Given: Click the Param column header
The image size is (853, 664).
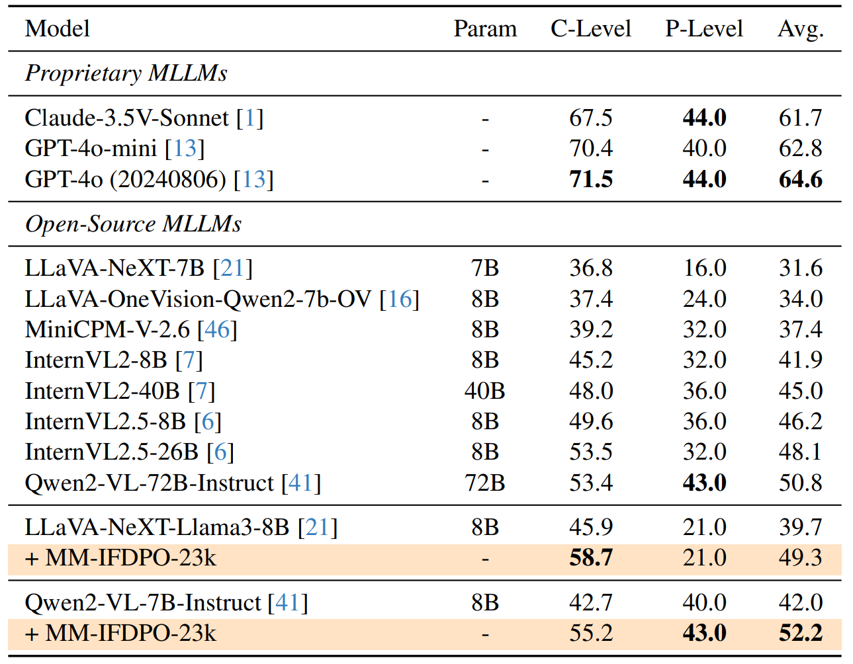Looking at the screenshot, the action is pos(485,28).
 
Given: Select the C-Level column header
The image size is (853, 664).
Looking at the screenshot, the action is pos(591,28).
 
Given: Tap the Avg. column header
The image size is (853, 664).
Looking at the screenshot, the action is pos(801,29).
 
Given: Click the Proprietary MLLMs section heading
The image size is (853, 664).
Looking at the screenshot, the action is pos(126,73).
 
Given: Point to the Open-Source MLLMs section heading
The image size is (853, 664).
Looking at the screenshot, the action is pos(133,224).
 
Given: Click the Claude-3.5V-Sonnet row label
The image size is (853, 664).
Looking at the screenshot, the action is pos(126,118).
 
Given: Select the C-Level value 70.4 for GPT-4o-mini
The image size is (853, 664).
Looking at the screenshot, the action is pos(591,148).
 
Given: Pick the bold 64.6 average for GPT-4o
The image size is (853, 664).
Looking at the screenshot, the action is pos(801,179).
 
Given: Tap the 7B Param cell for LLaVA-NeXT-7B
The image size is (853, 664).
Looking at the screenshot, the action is pos(485,269).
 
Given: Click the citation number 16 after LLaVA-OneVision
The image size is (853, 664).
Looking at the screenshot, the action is pos(400,299).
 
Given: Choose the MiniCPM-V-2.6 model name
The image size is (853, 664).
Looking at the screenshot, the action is pos(107,329).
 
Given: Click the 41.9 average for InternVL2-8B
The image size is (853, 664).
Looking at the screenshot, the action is pos(801,360).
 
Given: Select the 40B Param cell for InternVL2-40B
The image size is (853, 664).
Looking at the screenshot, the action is pos(485,391).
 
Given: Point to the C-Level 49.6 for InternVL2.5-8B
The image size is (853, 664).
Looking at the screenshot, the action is pos(591,421).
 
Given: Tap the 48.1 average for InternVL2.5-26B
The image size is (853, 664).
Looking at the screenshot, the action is pos(801,452).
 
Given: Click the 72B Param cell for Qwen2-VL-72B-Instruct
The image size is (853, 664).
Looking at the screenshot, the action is pos(485,482).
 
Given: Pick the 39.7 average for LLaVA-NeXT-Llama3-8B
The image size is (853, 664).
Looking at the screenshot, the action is pos(801,526).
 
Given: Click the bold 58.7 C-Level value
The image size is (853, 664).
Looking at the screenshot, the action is pos(591,558).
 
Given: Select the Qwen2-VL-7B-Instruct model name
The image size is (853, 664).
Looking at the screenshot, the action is pos(143,602).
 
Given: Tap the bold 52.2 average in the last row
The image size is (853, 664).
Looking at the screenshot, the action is pos(801,633).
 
